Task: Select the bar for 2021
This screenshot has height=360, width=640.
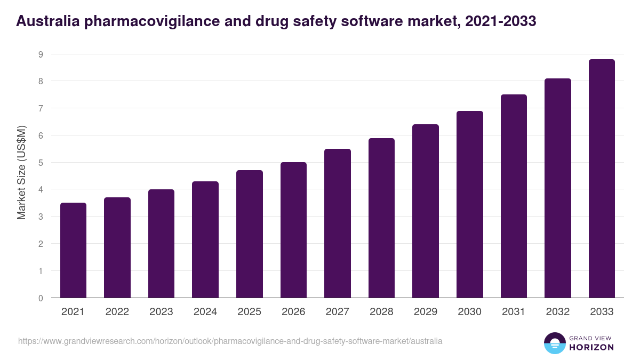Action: (73, 250)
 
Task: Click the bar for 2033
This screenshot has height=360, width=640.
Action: (602, 178)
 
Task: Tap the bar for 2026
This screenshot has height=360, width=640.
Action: (293, 230)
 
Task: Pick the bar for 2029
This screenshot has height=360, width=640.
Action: (426, 211)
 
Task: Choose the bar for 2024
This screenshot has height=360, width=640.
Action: (205, 239)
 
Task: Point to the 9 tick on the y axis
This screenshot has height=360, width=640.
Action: (41, 54)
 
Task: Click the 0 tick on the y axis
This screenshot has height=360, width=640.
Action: (41, 298)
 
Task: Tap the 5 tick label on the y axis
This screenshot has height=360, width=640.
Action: (41, 163)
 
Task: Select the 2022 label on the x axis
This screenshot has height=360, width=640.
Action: (117, 312)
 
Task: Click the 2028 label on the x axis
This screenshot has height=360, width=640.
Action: (381, 312)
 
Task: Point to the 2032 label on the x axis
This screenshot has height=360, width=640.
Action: (557, 312)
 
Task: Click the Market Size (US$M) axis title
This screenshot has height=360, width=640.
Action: (21, 172)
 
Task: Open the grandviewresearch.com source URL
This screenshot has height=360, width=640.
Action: (230, 341)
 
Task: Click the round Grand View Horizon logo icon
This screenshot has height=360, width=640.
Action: (554, 343)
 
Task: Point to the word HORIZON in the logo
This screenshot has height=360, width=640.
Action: (591, 347)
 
